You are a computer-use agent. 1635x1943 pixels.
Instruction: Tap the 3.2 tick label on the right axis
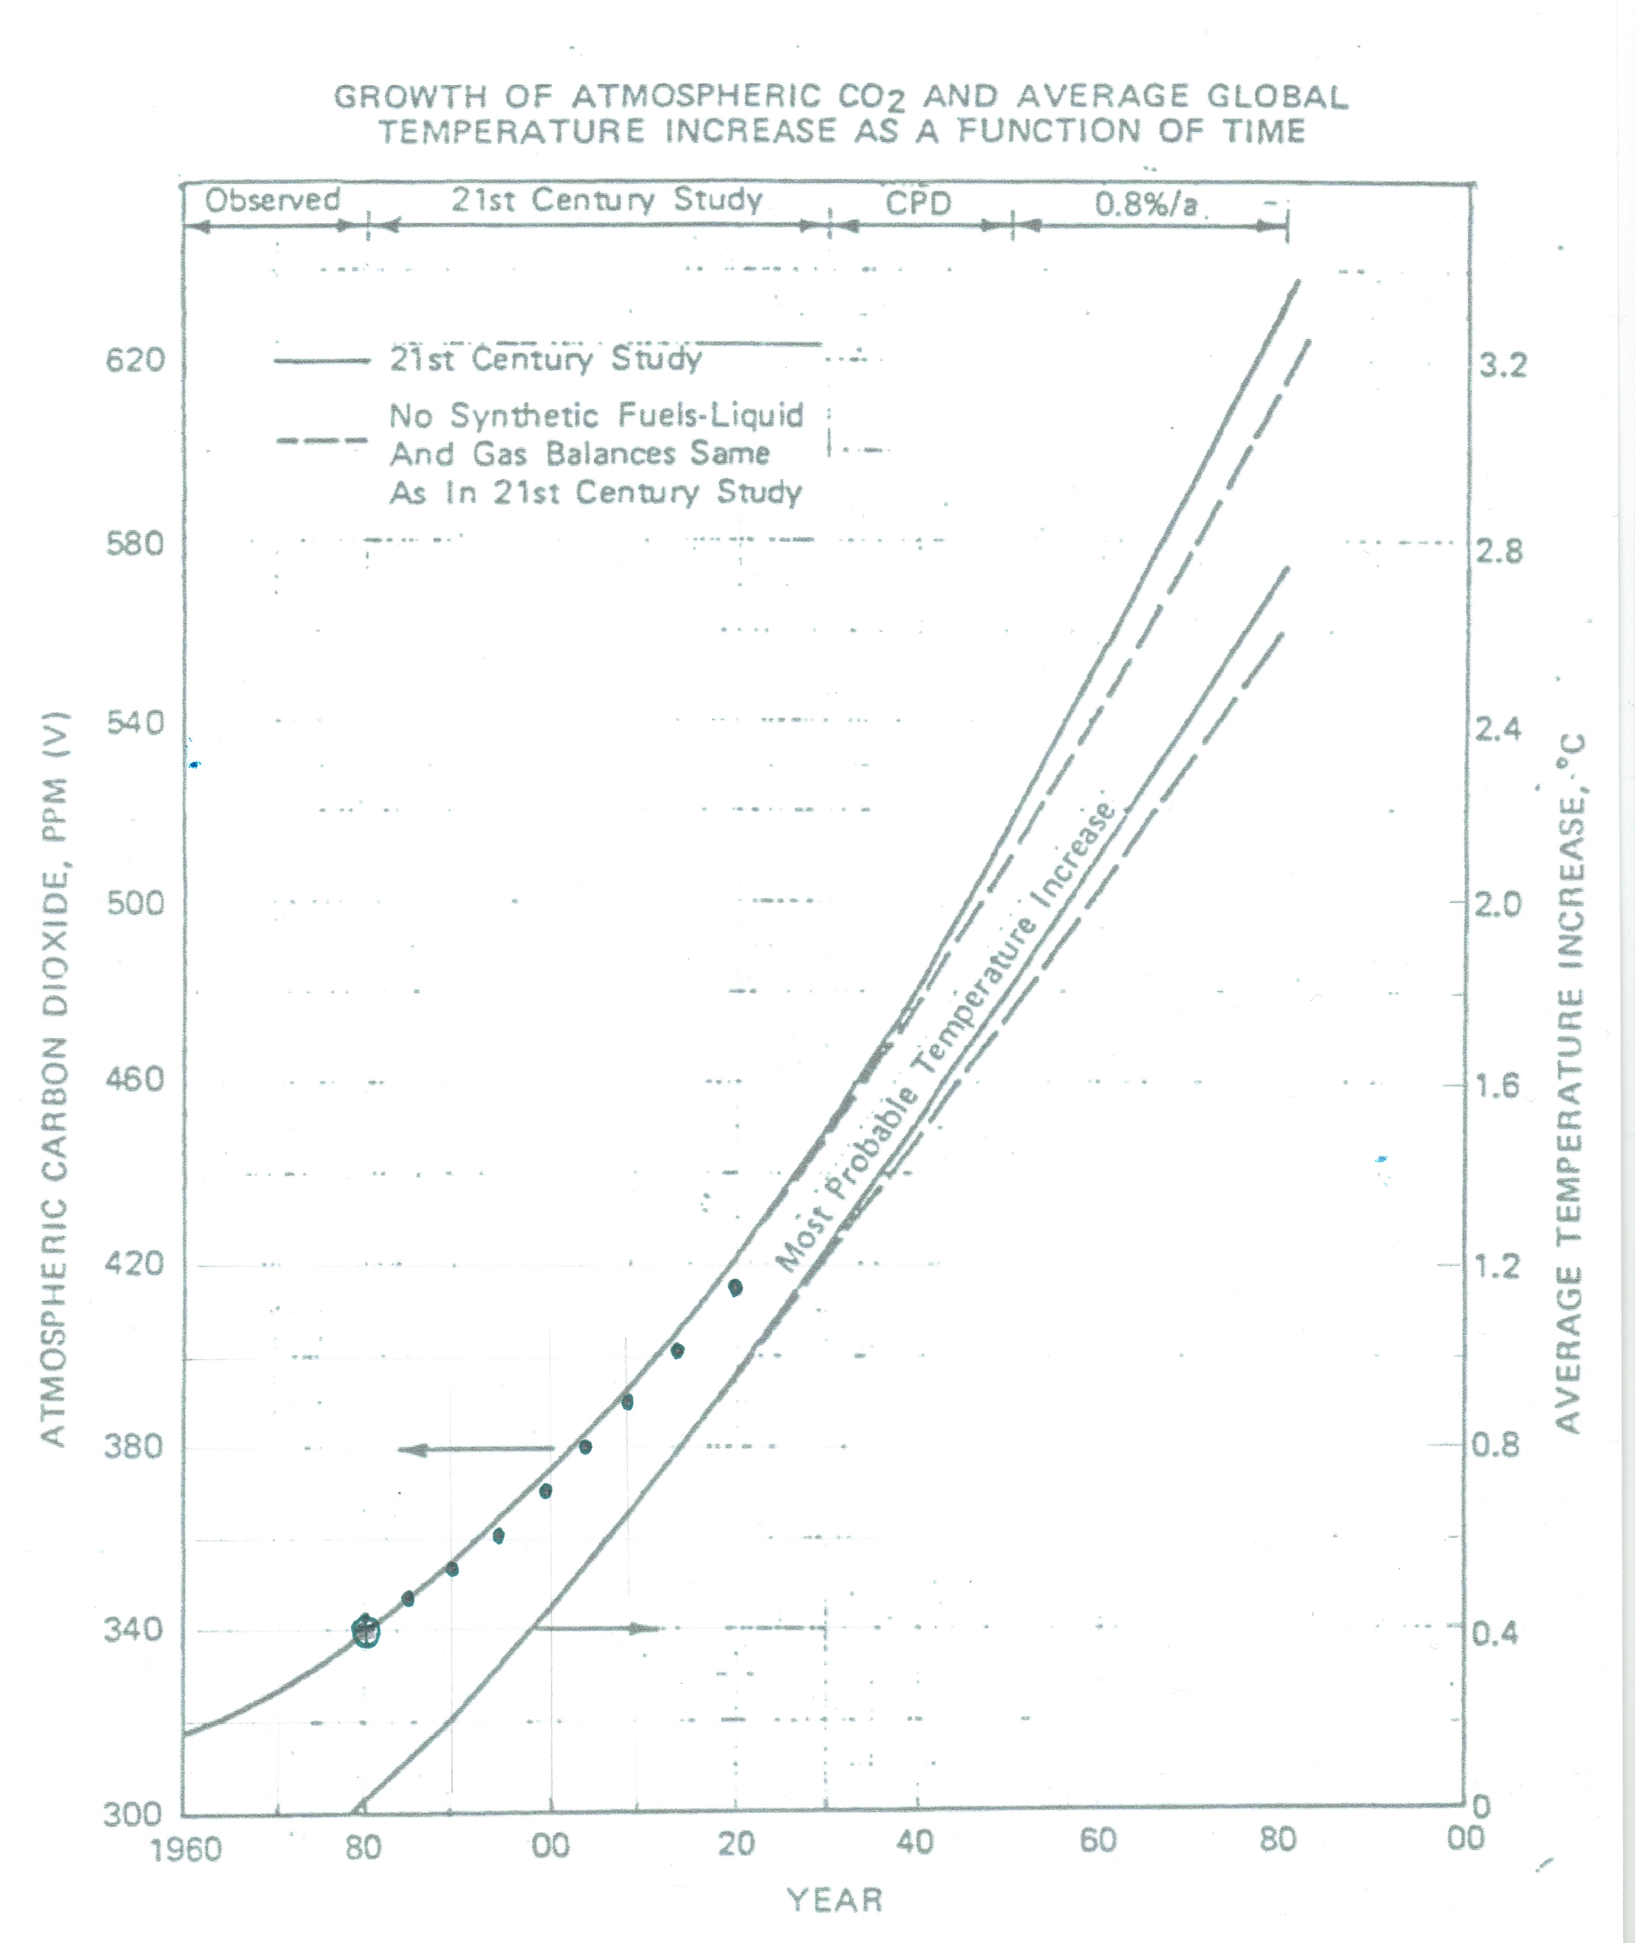pyautogui.click(x=1502, y=365)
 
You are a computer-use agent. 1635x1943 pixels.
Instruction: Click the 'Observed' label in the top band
pyautogui.click(x=273, y=200)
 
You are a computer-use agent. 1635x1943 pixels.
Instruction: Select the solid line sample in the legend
pyautogui.click(x=322, y=361)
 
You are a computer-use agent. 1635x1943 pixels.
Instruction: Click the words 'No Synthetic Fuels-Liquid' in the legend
pyautogui.click(x=596, y=415)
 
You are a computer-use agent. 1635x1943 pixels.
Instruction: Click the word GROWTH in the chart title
pyautogui.click(x=410, y=96)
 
